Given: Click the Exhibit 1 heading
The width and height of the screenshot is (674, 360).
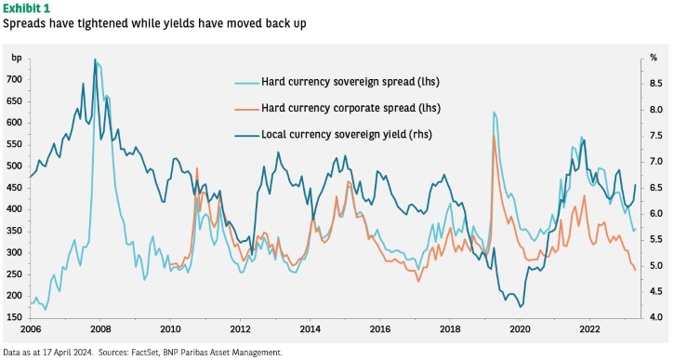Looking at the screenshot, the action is (x=27, y=8).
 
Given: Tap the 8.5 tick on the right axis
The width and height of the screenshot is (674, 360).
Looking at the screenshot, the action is (x=655, y=84).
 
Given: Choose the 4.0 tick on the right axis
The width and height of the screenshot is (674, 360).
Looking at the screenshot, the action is (x=655, y=317).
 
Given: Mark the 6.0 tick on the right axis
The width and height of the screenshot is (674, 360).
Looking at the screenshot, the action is (x=655, y=214).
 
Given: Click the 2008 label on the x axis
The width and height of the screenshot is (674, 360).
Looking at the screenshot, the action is (x=100, y=330).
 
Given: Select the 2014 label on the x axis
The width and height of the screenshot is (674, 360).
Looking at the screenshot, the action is (x=310, y=330).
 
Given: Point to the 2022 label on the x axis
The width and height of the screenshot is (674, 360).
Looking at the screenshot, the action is (x=589, y=330).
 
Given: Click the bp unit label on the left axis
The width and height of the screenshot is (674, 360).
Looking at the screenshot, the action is (x=17, y=59).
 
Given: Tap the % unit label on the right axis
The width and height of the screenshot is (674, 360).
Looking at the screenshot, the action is (x=654, y=58).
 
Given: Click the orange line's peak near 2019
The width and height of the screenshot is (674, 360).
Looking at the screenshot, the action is (x=494, y=136).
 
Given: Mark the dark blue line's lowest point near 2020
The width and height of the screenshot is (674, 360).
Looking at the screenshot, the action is (x=521, y=307).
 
